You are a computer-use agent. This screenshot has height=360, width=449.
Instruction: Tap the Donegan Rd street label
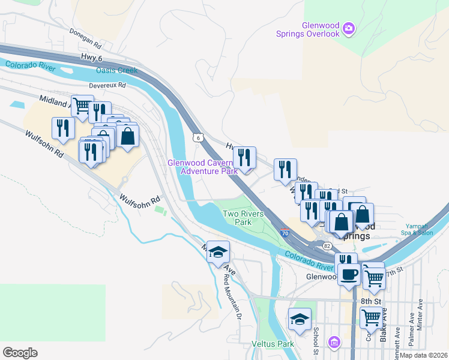[85, 38]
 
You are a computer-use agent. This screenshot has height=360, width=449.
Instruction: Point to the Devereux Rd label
[107, 85]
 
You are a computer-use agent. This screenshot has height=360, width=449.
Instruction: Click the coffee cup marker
[349, 275]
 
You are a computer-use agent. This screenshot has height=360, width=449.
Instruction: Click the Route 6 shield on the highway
[197, 137]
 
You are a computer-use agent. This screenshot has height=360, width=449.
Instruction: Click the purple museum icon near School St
[334, 342]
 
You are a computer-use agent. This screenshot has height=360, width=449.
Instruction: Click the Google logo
[20, 352]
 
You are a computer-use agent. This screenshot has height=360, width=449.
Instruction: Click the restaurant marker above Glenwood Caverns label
[244, 158]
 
